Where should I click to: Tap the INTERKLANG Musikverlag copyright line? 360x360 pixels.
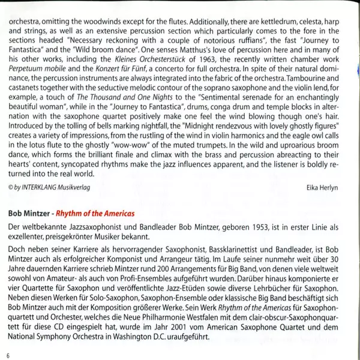(x=49, y=188)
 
